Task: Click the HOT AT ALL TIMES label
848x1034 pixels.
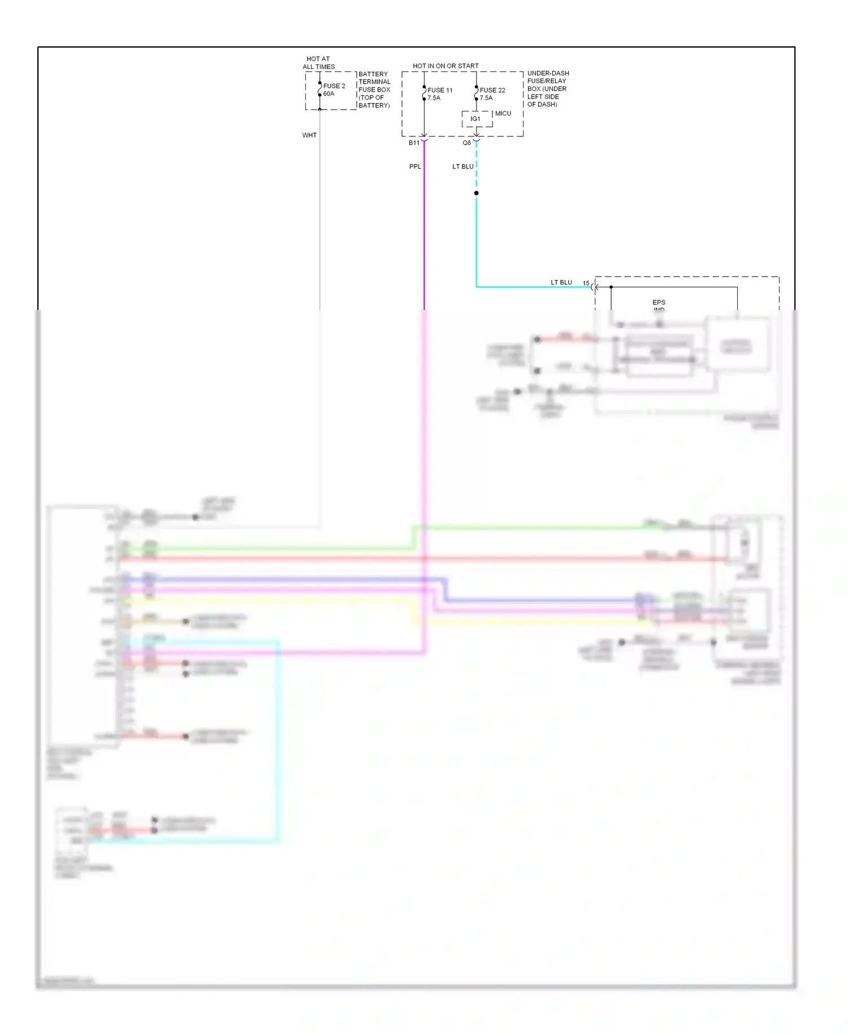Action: tap(318, 63)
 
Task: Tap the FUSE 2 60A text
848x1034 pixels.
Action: tap(334, 90)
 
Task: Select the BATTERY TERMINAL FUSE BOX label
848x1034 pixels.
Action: tap(374, 89)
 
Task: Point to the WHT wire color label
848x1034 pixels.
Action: tap(309, 135)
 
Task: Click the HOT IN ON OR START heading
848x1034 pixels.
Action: tap(445, 66)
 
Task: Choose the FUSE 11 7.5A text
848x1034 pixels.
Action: tap(439, 94)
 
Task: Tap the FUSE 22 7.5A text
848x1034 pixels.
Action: tap(492, 94)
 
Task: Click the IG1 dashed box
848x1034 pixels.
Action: tap(476, 119)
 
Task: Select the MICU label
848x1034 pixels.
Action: tap(503, 114)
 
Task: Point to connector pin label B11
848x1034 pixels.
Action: tap(414, 143)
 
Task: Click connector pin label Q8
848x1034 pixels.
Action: tap(466, 143)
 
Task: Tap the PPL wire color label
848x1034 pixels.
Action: tap(415, 167)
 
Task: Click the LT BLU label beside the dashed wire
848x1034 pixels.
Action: tap(462, 167)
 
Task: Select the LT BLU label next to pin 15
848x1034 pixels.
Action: tap(561, 282)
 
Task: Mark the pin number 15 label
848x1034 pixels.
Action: tap(586, 283)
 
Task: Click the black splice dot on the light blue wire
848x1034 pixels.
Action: tap(477, 193)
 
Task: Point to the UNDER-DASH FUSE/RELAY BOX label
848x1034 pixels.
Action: tap(547, 89)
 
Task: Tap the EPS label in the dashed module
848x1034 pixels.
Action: tap(659, 303)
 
